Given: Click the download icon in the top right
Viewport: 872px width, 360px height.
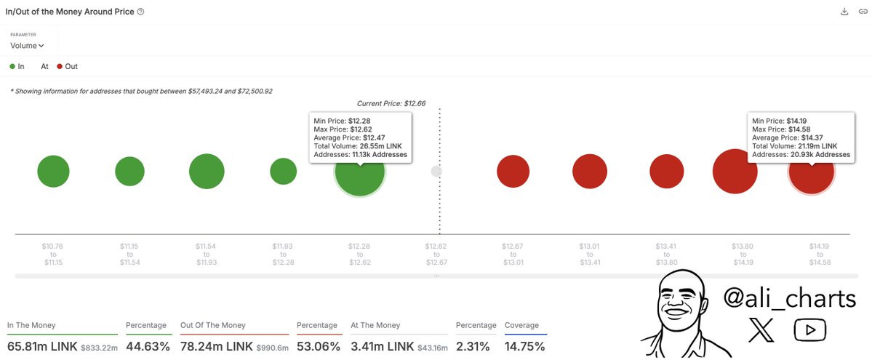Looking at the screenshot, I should [844, 12].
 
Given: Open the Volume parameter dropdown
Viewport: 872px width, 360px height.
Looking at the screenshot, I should [28, 46].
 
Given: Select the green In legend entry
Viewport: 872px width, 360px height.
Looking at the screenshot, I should [17, 66].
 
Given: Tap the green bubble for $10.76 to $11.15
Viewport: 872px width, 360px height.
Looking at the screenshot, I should [53, 172].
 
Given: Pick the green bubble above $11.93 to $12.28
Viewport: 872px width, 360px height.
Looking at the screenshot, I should [283, 172].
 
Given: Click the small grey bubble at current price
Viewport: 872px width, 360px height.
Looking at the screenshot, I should [436, 172].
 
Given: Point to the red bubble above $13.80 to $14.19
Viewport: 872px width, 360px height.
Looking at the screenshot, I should [735, 172].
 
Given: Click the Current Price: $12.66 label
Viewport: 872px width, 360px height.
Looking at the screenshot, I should [391, 104].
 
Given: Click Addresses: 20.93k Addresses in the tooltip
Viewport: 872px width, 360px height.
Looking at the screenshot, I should [801, 154].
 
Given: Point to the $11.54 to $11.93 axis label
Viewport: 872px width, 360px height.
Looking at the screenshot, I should [207, 254].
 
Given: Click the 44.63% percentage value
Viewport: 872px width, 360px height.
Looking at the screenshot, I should [148, 347].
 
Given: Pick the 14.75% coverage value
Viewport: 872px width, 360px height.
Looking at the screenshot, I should [524, 347].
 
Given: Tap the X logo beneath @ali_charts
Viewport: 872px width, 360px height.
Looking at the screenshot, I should [761, 331].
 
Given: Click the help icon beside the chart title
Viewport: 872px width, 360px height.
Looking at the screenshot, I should [140, 12].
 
